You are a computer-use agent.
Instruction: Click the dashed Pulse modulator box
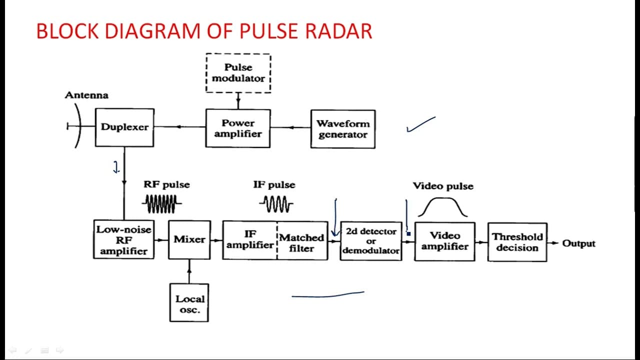[238, 73]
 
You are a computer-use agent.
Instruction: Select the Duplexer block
[124, 127]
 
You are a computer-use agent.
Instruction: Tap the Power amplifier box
[238, 128]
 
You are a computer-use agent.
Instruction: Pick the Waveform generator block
[343, 129]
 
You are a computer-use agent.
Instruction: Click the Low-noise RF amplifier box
[123, 239]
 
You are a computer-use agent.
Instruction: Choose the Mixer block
[189, 239]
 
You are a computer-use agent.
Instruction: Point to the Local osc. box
[189, 302]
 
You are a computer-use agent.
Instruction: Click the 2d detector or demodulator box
[371, 241]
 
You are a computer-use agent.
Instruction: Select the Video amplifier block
[445, 241]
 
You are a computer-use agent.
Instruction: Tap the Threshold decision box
[517, 242]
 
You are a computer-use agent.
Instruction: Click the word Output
[578, 243]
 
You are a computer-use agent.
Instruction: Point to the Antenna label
[86, 95]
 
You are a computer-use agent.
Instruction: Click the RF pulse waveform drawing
[161, 203]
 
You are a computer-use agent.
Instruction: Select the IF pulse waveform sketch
[276, 204]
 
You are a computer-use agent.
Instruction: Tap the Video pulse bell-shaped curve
[442, 198]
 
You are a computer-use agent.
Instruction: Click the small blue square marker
[408, 233]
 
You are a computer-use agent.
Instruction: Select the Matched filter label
[301, 243]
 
